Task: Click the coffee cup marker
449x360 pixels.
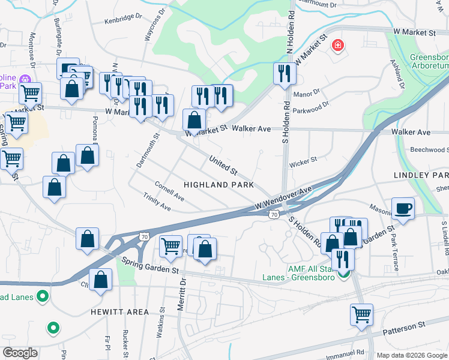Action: (x=403, y=209)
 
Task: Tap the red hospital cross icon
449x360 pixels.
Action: (x=337, y=45)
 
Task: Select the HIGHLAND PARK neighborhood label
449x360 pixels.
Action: (x=218, y=185)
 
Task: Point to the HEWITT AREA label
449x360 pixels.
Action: (x=119, y=312)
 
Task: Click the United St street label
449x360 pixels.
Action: (x=223, y=164)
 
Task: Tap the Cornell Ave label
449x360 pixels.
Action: (x=169, y=191)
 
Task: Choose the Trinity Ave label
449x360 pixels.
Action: (x=157, y=202)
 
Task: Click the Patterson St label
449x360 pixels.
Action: (x=404, y=325)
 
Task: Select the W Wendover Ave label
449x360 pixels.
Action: (x=284, y=199)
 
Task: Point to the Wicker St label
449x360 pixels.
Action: (x=303, y=161)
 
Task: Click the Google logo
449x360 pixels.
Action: (x=20, y=353)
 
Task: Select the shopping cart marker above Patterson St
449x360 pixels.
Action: (x=361, y=314)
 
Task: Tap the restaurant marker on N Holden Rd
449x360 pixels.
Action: (x=283, y=73)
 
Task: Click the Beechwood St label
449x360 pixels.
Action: (x=429, y=149)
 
